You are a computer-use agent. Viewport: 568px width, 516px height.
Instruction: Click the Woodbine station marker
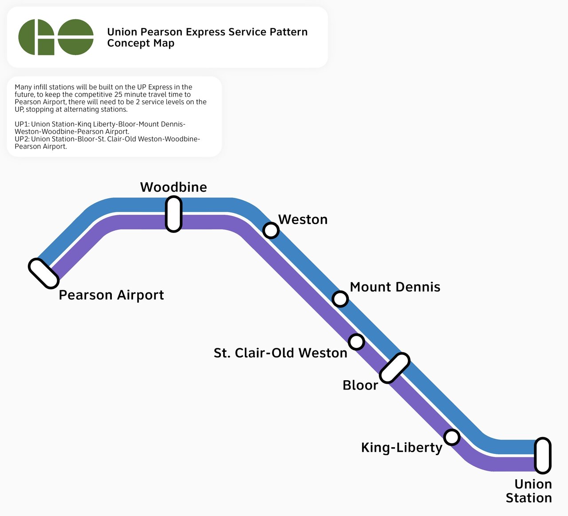point(174,214)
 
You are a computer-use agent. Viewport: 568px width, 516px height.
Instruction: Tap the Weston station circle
point(271,230)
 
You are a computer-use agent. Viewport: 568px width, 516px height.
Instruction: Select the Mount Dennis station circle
point(340,299)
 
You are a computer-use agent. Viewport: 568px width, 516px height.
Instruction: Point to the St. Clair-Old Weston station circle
point(356,342)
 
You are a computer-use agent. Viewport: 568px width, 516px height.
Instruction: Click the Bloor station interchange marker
point(394,368)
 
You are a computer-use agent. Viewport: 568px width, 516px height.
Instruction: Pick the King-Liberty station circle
point(452,437)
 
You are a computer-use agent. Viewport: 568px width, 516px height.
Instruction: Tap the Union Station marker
point(543,455)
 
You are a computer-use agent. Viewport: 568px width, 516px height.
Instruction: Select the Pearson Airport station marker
point(43,274)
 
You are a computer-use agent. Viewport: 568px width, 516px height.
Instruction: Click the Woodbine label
point(174,187)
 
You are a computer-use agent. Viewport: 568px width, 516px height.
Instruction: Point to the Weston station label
point(303,220)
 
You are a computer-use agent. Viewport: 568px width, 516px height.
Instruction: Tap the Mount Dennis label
point(395,287)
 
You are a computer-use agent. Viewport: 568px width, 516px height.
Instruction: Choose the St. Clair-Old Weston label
point(280,353)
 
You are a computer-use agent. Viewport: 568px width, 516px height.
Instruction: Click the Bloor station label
point(360,385)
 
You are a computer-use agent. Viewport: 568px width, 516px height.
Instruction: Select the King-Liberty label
point(402,447)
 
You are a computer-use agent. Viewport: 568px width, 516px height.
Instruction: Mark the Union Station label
point(529,491)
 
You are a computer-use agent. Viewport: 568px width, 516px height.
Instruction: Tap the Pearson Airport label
point(111,295)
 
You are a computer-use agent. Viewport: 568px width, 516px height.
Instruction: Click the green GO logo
point(56,37)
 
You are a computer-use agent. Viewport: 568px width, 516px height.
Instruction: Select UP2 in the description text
point(21,139)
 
